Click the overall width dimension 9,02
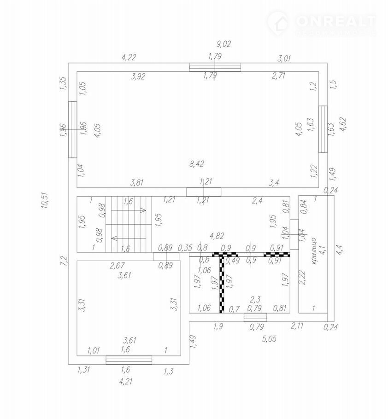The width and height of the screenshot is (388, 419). click(223, 44)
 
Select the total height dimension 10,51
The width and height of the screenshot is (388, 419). click(45, 201)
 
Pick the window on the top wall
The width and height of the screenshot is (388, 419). click(215, 67)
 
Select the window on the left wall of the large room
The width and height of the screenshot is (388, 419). click(72, 129)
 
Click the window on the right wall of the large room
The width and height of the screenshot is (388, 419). click(323, 129)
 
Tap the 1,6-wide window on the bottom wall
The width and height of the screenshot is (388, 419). click(129, 360)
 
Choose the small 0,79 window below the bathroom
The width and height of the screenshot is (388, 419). click(255, 317)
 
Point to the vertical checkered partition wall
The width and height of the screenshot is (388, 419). click(222, 284)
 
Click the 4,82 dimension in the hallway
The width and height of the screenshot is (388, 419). click(217, 236)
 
